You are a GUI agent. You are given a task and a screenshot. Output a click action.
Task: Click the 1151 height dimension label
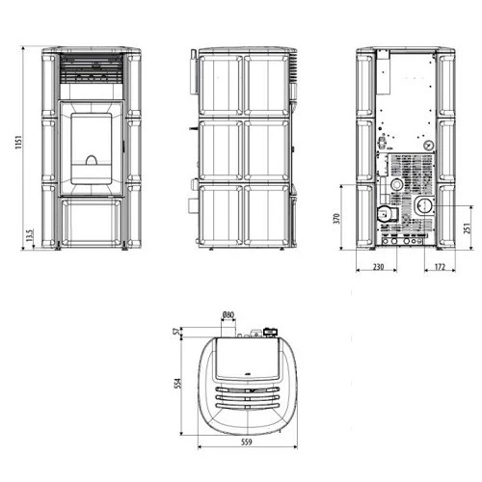click(18, 142)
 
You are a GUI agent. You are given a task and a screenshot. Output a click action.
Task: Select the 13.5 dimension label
click(30, 235)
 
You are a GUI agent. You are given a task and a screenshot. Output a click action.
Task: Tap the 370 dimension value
click(336, 219)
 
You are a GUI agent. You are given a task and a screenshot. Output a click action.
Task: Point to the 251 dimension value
click(468, 228)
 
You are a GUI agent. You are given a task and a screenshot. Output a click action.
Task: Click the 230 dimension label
click(378, 267)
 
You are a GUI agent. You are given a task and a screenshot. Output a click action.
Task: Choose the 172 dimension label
click(440, 267)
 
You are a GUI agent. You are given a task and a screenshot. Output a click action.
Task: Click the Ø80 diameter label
click(228, 315)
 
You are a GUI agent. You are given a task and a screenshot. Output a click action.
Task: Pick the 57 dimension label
click(176, 332)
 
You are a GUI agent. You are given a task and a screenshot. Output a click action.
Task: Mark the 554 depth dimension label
click(177, 384)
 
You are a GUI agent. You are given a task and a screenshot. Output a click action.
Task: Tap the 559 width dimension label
click(247, 442)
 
